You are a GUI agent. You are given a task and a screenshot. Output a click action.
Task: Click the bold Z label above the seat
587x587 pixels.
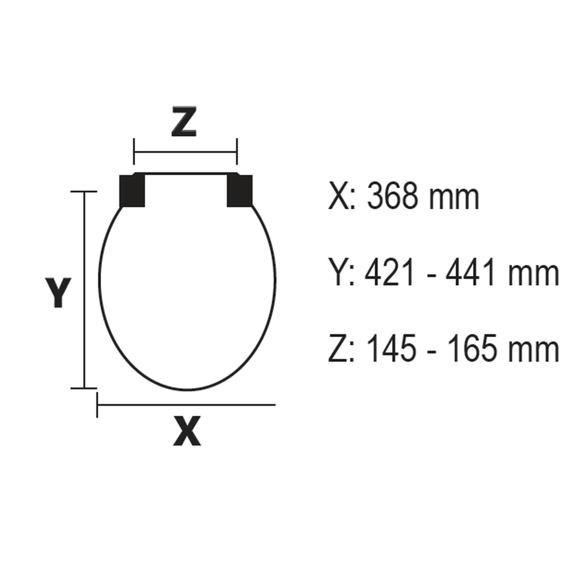pyautogui.click(x=184, y=121)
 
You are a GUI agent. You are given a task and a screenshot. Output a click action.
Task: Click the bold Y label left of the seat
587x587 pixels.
pyautogui.click(x=58, y=292)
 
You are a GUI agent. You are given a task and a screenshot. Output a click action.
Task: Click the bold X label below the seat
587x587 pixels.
pyautogui.click(x=187, y=431)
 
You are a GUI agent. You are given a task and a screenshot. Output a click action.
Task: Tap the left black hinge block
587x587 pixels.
pyautogui.click(x=132, y=191)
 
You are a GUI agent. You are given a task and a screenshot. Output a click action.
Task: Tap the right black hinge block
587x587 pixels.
pyautogui.click(x=240, y=191)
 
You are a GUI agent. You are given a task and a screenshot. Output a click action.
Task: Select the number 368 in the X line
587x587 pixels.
pyautogui.click(x=392, y=197)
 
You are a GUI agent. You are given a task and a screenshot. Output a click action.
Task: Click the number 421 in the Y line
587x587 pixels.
pyautogui.click(x=389, y=273)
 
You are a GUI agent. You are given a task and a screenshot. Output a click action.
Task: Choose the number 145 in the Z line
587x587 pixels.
pyautogui.click(x=392, y=349)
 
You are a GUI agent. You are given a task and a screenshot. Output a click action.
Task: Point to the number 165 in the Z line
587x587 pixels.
pyautogui.click(x=472, y=349)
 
